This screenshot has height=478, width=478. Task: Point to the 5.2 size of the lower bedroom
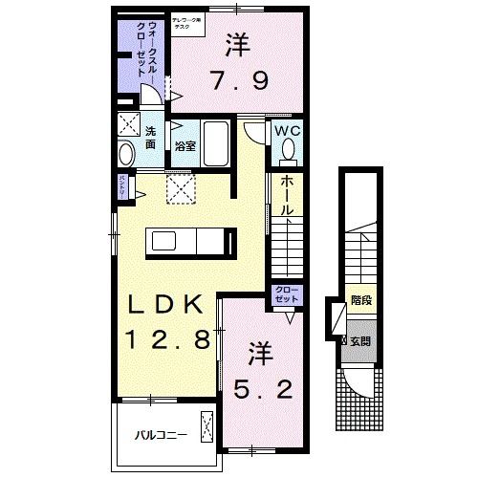[260, 390]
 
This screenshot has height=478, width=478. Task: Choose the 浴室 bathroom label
[185, 147]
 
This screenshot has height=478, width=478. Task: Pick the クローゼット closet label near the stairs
[285, 293]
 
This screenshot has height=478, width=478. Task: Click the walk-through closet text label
[140, 59]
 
